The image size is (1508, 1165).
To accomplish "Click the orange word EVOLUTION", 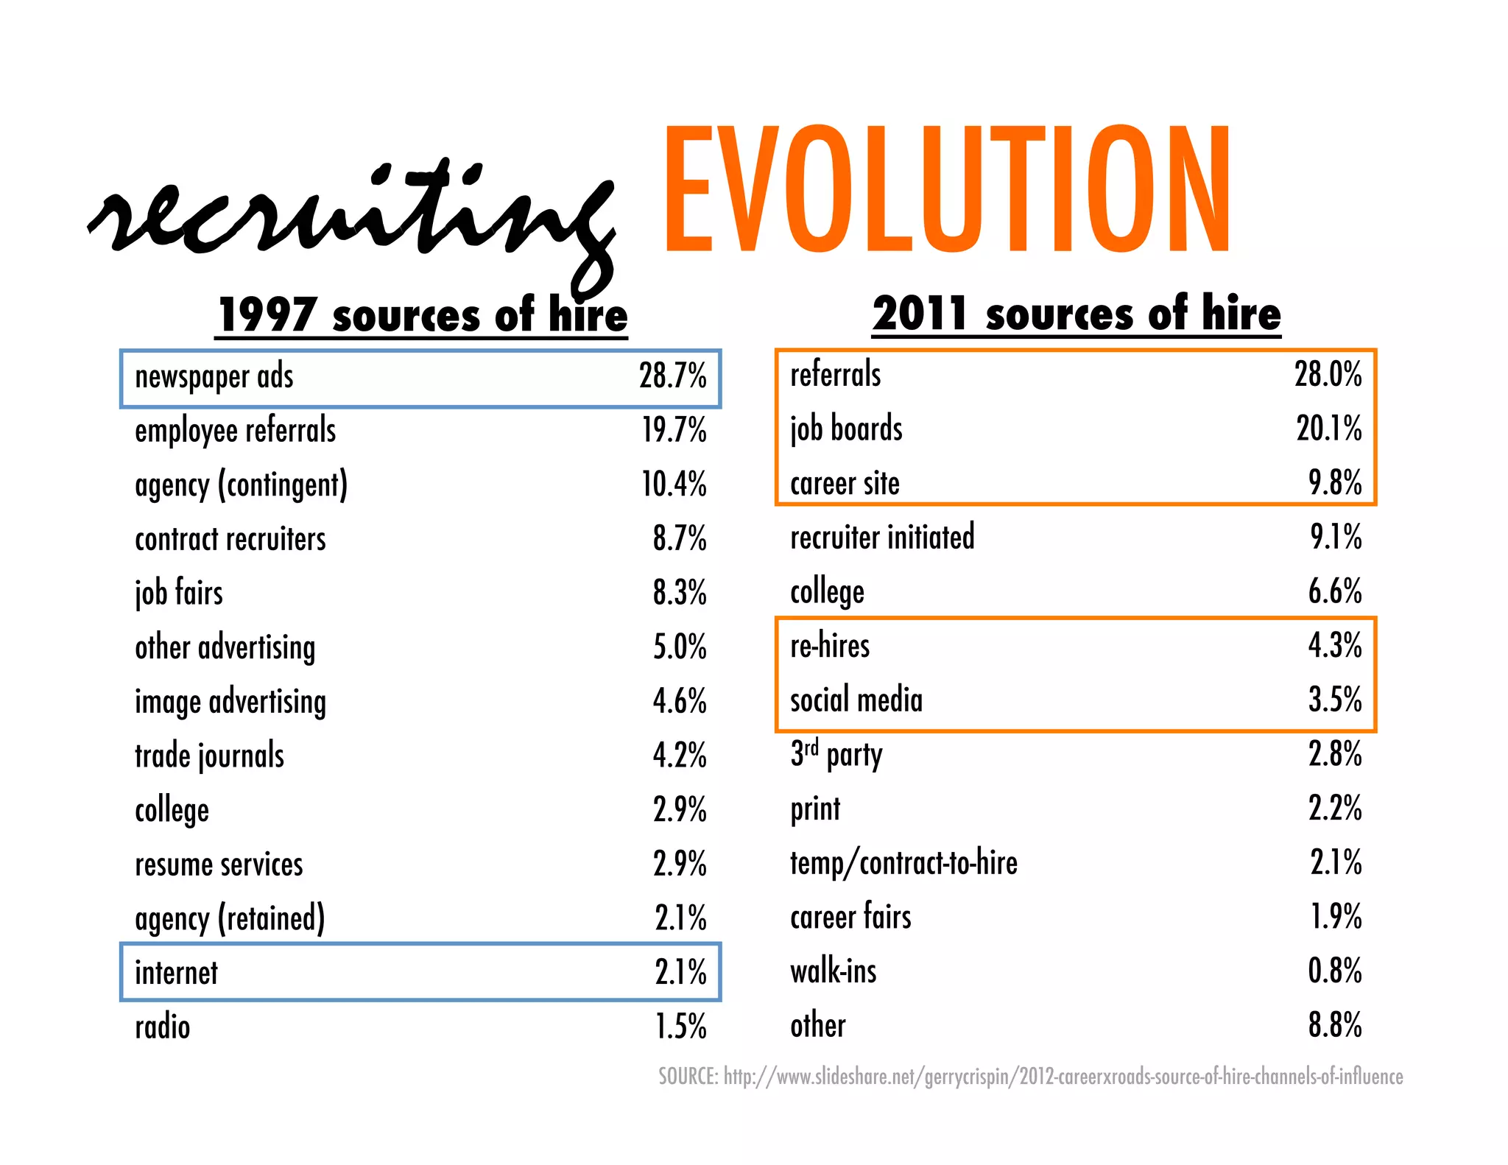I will click(946, 189).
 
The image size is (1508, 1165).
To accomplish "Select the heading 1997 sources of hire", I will click(422, 315).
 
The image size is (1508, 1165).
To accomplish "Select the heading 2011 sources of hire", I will click(1076, 314).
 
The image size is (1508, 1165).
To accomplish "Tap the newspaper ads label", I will click(214, 377).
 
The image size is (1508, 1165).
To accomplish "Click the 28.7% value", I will click(672, 376).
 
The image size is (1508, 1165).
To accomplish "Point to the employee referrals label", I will click(235, 431).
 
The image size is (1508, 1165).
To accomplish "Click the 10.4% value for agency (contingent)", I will click(674, 485).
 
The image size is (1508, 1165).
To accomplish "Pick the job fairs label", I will click(179, 594).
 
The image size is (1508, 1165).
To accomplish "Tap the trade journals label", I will click(209, 756).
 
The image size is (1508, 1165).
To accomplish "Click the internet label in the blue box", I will click(176, 973).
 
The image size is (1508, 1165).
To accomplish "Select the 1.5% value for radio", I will click(680, 1027).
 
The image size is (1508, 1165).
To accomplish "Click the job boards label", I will click(846, 429).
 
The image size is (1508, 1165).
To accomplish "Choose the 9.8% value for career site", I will click(1334, 483).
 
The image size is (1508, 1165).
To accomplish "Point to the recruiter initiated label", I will click(882, 538).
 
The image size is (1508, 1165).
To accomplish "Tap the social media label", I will click(856, 700).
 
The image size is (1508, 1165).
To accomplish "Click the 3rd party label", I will click(836, 755).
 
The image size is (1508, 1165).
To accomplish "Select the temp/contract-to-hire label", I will click(903, 863).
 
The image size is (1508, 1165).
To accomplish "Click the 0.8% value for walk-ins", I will click(1334, 971).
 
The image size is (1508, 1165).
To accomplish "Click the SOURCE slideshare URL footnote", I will click(1030, 1077).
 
